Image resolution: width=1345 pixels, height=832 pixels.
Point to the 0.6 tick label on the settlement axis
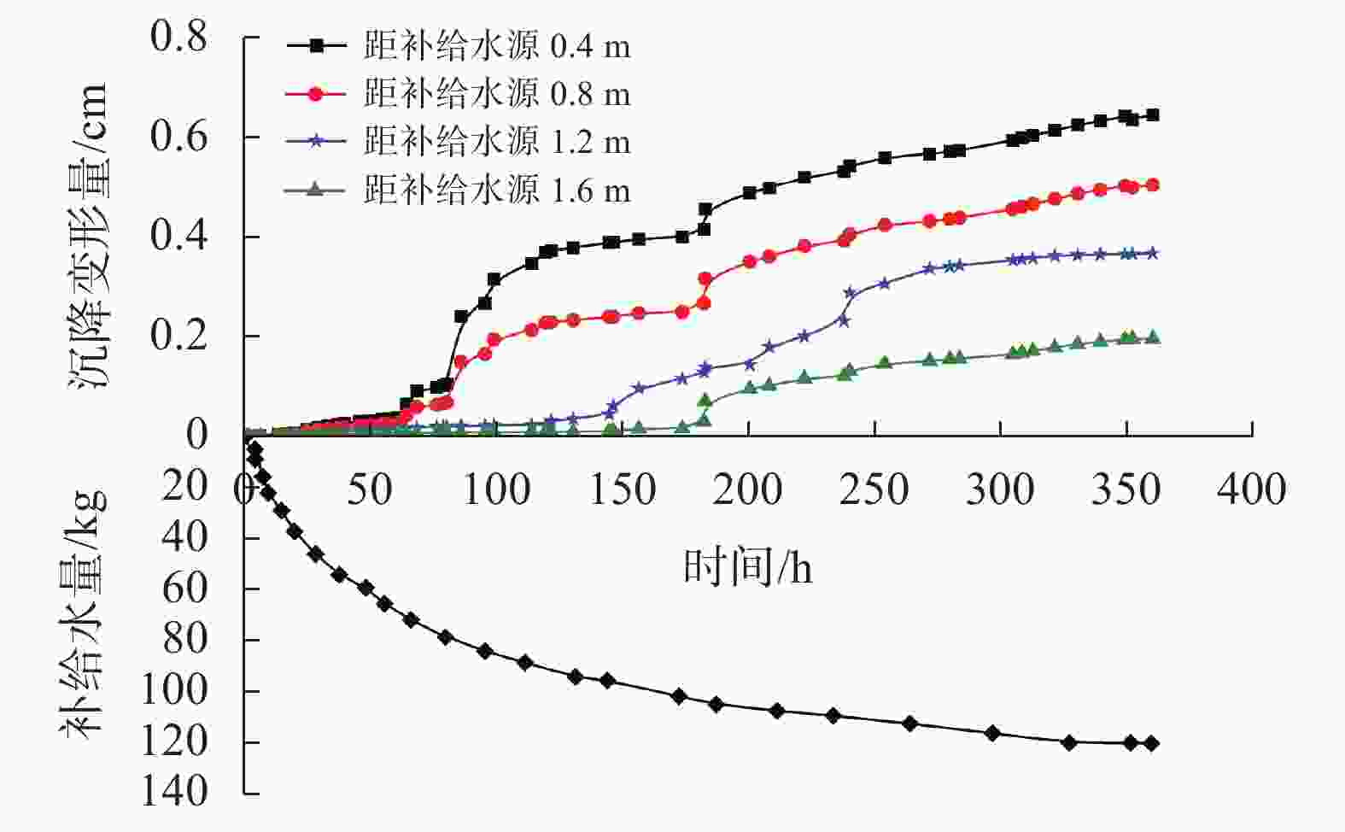(179, 137)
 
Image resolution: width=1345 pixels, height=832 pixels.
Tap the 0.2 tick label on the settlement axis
(179, 337)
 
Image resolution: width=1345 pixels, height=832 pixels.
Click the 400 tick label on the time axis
(1251, 490)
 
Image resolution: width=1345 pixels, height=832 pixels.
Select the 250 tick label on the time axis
(874, 490)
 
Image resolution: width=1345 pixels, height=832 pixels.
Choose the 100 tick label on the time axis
(495, 490)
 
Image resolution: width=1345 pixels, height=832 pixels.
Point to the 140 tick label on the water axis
(174, 792)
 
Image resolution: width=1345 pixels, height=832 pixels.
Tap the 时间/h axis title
(747, 566)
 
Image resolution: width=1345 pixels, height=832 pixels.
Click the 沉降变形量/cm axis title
(88, 237)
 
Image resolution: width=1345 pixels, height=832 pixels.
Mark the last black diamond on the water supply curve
(1151, 743)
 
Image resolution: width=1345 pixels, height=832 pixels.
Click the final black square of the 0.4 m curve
(1152, 115)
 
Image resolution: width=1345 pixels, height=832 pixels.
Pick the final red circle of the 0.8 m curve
(1152, 185)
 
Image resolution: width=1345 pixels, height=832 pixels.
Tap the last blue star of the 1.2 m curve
(1152, 253)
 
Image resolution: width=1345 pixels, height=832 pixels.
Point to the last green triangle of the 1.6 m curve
(1152, 337)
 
